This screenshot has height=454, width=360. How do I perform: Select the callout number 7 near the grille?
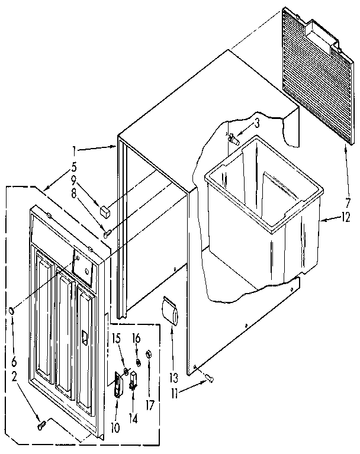(348, 200)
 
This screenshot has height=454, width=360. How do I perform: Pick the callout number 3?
(257, 123)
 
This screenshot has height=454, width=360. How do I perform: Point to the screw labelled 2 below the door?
(41, 424)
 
